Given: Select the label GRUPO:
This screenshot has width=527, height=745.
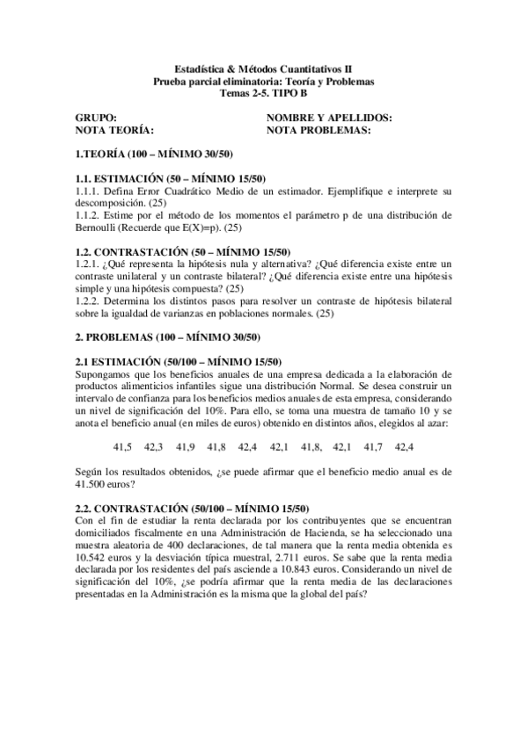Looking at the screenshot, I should pos(96,117).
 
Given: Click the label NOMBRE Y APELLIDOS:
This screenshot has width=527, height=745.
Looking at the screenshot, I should pos(329,117).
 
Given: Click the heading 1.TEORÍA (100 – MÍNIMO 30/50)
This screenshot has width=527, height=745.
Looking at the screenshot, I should pos(155,155).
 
